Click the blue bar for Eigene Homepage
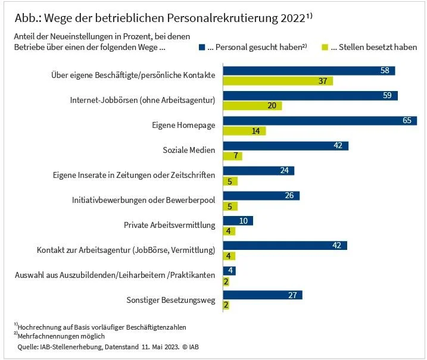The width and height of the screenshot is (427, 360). pos(320,121)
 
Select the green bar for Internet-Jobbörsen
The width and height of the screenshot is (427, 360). pos(252,106)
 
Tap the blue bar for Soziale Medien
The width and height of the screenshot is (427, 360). pos(285,146)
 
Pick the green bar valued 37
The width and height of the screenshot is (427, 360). pos(278,81)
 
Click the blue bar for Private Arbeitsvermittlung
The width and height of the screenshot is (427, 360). pos(238,221)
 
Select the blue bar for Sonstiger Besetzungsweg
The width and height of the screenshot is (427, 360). pos(263,295)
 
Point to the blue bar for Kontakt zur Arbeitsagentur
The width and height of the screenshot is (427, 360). pos(285,246)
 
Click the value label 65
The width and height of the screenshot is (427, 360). pos(407,121)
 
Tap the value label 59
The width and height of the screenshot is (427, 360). pos(388,96)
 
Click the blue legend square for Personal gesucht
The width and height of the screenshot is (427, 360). pos(203,47)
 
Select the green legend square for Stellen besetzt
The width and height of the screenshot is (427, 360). pos(325,47)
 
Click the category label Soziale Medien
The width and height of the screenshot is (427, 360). pos(189,150)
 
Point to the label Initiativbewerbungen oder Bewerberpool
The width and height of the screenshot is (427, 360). pos(148,200)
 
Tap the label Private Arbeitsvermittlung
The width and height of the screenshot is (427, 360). pos(169,225)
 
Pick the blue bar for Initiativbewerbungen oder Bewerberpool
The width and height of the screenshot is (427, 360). pos(261,196)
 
